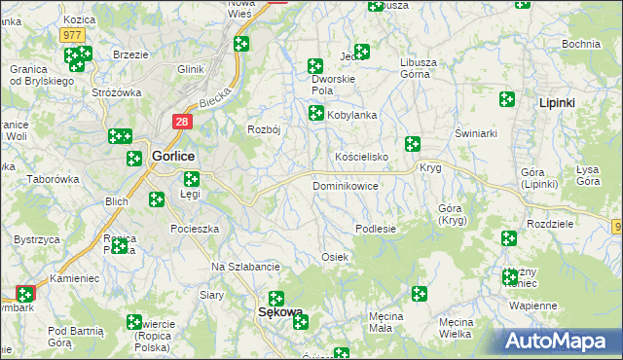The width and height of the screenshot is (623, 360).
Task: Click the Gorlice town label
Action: point(173,156)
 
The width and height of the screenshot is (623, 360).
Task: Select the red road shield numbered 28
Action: point(182,122)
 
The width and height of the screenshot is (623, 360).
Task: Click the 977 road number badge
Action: point(71,34)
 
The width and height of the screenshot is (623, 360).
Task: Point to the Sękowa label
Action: point(280,312)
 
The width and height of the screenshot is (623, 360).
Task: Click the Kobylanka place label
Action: point(351,115)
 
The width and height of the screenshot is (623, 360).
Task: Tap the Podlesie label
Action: point(375,229)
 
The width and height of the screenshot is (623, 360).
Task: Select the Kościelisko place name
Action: point(362,157)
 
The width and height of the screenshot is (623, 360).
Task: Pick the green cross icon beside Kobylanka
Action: point(316,114)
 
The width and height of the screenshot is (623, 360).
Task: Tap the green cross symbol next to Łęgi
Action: point(192,178)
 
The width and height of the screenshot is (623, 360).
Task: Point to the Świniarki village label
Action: point(476,132)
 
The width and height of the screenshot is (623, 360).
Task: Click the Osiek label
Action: point(335,256)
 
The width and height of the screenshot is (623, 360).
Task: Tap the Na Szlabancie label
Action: point(246,267)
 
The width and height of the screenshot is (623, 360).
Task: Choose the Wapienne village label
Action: point(532,305)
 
